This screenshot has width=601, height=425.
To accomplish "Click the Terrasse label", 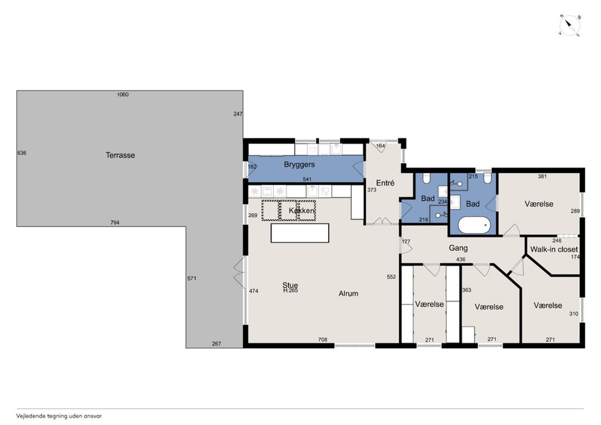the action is pos(120,155).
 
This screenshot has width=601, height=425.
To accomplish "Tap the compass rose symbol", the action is pos(570,26).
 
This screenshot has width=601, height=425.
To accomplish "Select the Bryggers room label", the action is pos(299,164).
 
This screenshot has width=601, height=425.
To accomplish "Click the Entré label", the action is pos(385,183).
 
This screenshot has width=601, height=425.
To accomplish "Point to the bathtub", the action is pos(474,225).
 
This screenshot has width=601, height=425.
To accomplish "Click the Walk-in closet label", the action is pos(554,249).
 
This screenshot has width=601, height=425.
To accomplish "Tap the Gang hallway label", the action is pos(458,248).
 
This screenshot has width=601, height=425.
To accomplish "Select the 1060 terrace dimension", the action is pos(123,94).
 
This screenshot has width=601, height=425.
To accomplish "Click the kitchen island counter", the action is pos(300,233).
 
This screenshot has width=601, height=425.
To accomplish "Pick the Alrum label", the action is pos(348,294).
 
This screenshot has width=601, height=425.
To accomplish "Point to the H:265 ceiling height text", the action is pos(290,290).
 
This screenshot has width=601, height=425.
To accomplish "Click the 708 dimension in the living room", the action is pos(323,340).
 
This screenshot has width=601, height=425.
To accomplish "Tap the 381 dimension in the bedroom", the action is pos(542,176).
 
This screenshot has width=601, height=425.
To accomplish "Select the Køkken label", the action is pos(301,211).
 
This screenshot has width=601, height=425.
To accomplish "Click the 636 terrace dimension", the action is pos(22,153).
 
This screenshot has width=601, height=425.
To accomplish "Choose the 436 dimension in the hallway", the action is pos(461,259).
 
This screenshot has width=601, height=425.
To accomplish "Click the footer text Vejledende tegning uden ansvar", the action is pos(59,416).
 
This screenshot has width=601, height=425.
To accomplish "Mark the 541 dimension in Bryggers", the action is pos(307,179).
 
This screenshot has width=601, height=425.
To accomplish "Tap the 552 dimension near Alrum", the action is pos(391,277).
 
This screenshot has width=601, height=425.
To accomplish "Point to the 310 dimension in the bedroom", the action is pos(574,314).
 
